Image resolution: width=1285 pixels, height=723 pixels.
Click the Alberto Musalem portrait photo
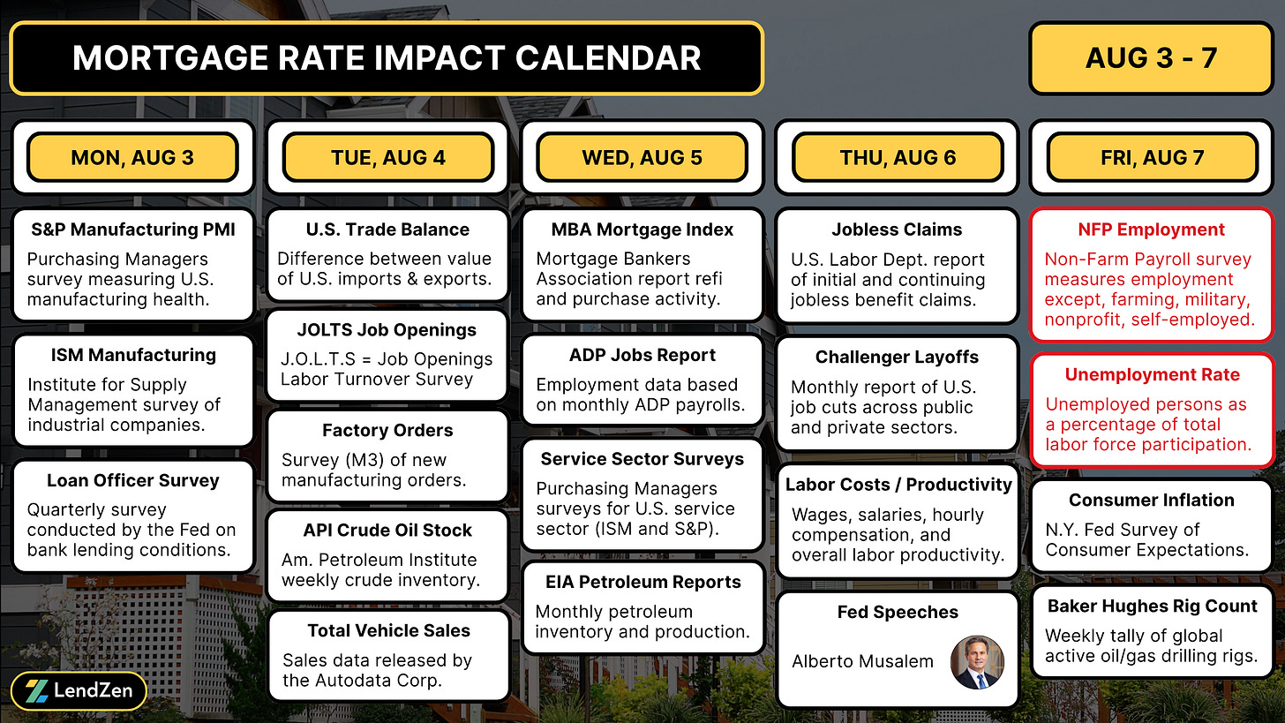977,662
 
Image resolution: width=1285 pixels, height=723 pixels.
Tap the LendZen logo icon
37,691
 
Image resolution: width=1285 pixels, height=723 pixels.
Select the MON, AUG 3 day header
132,157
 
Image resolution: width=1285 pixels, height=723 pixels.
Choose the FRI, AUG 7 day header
1152,157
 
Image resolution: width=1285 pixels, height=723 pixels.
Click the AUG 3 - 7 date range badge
1152,58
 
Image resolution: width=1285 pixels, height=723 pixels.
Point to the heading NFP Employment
1152,230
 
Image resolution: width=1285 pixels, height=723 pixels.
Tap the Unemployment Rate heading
1152,374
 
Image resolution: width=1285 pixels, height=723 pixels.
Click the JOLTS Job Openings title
387,330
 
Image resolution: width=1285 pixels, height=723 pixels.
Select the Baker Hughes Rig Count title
1152,606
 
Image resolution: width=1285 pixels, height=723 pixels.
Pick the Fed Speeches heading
898,613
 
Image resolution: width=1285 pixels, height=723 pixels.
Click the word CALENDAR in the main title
608,58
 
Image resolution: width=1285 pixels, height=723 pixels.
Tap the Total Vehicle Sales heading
388,630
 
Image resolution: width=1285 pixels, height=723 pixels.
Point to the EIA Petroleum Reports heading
643,582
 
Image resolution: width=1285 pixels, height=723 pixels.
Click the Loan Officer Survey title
133,480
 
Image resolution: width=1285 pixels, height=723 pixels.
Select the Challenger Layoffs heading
898,357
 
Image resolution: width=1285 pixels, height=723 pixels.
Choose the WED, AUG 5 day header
642,157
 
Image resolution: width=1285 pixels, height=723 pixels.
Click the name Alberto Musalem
863,661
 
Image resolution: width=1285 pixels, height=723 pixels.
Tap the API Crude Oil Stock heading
387,531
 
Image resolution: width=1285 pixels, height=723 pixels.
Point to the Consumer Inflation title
1152,501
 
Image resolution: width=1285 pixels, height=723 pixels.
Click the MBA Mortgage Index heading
642,230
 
